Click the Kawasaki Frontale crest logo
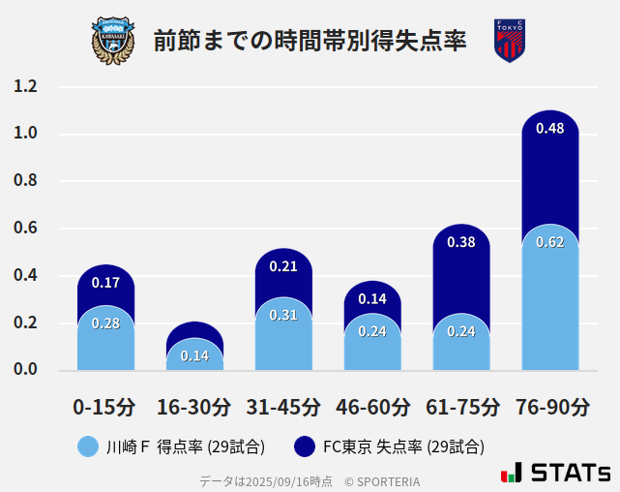tap(113, 40)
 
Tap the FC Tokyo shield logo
tap(509, 40)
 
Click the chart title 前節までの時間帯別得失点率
tap(310, 41)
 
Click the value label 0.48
tap(549, 129)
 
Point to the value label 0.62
tap(549, 242)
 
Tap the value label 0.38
tap(461, 242)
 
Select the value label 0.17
tap(105, 283)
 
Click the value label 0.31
tap(283, 315)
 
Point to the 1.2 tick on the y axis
tap(25, 86)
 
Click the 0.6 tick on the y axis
tap(25, 229)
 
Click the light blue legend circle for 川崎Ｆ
tap(88, 446)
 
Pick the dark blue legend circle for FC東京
tap(306, 446)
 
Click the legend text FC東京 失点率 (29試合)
tap(403, 446)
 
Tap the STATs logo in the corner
tap(556, 473)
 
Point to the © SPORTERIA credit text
tap(382, 480)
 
